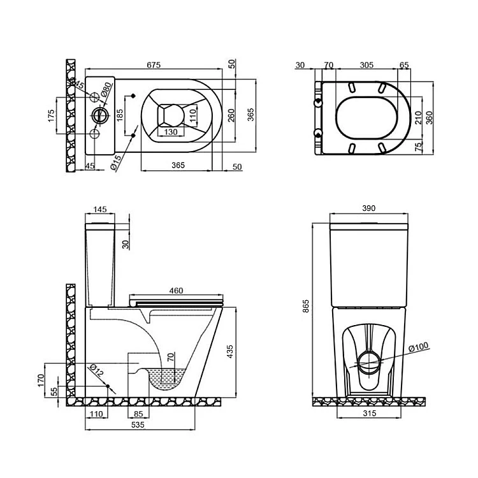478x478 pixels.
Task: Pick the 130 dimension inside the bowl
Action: coord(170,131)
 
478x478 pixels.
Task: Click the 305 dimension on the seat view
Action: coord(366,65)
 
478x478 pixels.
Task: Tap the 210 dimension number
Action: coord(419,117)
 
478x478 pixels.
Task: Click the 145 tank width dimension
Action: coord(99,208)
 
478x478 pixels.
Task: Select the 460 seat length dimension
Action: coord(176,291)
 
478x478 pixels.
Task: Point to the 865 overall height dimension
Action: coord(306,308)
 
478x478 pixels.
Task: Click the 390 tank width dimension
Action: coord(369,208)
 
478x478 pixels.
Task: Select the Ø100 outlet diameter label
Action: coord(418,347)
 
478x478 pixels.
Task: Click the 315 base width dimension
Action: coord(370,414)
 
